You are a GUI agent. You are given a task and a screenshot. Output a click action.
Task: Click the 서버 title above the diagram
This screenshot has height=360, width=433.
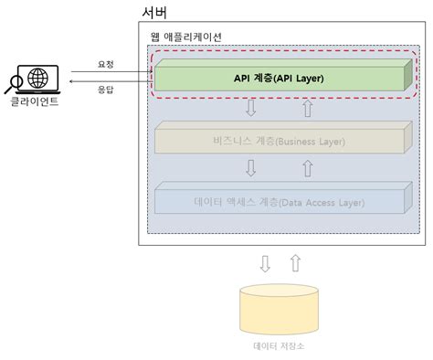pos(155,13)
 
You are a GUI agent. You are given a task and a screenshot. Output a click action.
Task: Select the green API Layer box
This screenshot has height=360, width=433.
pos(280,78)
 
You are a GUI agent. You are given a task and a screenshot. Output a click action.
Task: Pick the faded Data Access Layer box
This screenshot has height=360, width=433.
pos(280,199)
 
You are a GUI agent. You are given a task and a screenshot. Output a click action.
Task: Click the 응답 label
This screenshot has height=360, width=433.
pos(106,91)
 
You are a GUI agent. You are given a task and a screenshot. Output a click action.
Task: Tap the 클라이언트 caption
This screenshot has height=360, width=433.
pos(33,101)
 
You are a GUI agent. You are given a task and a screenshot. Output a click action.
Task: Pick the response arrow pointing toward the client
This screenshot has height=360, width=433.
pos(101,84)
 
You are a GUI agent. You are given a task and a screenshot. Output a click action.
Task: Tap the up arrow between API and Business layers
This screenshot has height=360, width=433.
pos(308,109)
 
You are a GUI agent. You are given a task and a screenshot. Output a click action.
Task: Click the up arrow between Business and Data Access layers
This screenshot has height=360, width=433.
pos(308,169)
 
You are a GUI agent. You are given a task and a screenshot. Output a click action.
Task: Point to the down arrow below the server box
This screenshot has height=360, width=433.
pos(265,264)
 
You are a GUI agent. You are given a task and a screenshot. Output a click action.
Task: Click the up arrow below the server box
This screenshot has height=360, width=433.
pos(294,264)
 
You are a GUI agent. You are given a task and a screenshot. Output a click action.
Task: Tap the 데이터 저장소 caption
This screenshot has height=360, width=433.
pos(280,346)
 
